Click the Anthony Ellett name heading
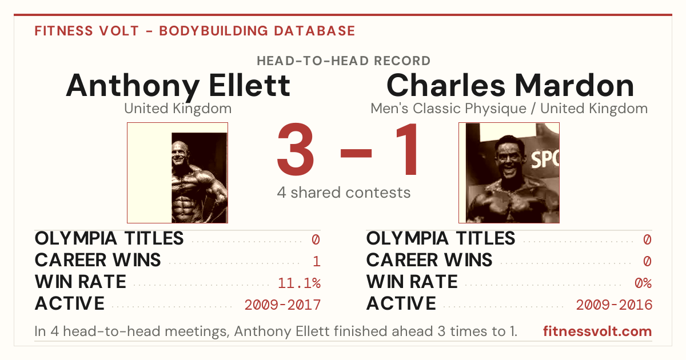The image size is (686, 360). (x=178, y=86)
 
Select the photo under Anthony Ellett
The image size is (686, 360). (x=178, y=173)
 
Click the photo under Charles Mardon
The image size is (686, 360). (x=509, y=173)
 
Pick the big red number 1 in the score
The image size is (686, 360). (x=406, y=149)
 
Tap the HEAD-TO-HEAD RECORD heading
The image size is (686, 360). (x=344, y=61)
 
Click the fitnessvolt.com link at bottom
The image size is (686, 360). (x=597, y=331)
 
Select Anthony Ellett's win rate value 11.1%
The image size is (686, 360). (x=299, y=283)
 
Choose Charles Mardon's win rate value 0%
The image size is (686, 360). (x=643, y=283)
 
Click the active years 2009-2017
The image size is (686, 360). (x=282, y=305)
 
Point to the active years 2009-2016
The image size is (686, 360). (x=614, y=305)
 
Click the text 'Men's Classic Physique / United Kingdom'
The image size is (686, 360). (x=509, y=109)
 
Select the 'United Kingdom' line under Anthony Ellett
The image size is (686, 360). (x=178, y=109)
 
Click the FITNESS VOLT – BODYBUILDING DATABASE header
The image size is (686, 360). (x=195, y=31)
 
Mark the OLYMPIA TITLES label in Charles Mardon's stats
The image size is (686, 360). (x=441, y=238)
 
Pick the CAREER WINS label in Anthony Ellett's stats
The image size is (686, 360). (x=98, y=260)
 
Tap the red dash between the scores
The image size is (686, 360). (x=356, y=153)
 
